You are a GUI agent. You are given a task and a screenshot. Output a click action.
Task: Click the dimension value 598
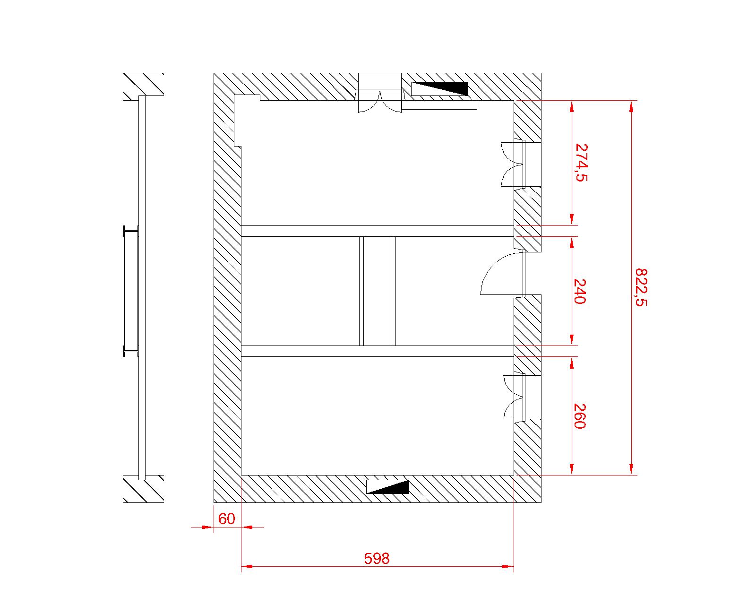[x=377, y=558]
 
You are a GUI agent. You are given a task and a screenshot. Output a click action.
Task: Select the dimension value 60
[x=227, y=519]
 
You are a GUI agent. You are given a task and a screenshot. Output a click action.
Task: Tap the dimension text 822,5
[x=641, y=287]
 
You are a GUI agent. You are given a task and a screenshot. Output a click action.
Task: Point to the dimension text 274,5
[x=581, y=163]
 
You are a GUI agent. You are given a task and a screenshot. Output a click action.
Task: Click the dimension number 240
[x=580, y=291]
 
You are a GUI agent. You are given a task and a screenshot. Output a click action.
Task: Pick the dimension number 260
[x=580, y=416]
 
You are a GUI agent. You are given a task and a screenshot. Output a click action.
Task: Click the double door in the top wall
[x=379, y=101]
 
